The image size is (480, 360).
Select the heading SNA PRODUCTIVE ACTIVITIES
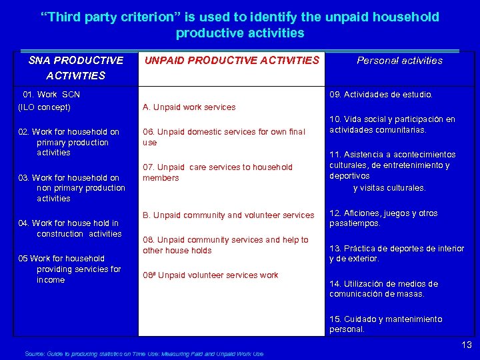pos(76,68)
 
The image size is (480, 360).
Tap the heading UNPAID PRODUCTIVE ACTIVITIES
pos(231,61)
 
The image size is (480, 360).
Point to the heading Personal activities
pos(399,61)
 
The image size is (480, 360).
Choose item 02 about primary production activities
pos(70,142)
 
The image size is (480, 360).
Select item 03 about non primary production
pos(72,188)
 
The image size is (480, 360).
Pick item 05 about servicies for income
pos(71,269)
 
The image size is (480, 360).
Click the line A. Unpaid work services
pos(189,107)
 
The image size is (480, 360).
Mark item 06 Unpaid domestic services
pos(223,137)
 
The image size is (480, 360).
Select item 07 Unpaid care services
pos(217,173)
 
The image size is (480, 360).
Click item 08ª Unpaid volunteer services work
pos(210,275)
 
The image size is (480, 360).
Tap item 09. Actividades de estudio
pos(381,95)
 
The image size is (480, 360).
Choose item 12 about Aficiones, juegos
pos(383,219)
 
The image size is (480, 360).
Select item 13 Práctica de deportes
pos(397,253)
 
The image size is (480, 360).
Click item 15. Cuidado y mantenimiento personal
pos(385,324)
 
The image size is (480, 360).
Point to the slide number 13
pos(467,345)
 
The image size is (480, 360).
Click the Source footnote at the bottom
pos(143,354)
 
